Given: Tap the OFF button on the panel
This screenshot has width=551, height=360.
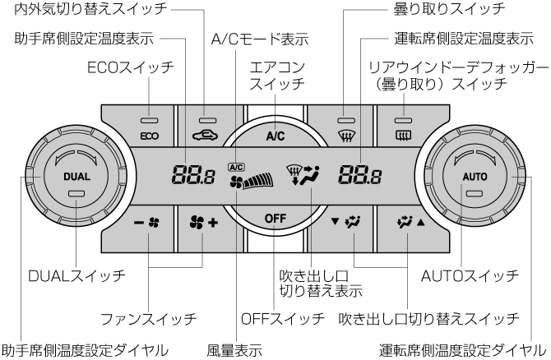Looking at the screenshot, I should coord(275,217).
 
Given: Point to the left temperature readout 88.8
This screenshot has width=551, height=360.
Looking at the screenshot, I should coord(190,174).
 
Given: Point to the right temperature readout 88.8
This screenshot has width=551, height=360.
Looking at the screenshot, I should coord(359,174).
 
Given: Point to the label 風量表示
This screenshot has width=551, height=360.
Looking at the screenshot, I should coord(234,348).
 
